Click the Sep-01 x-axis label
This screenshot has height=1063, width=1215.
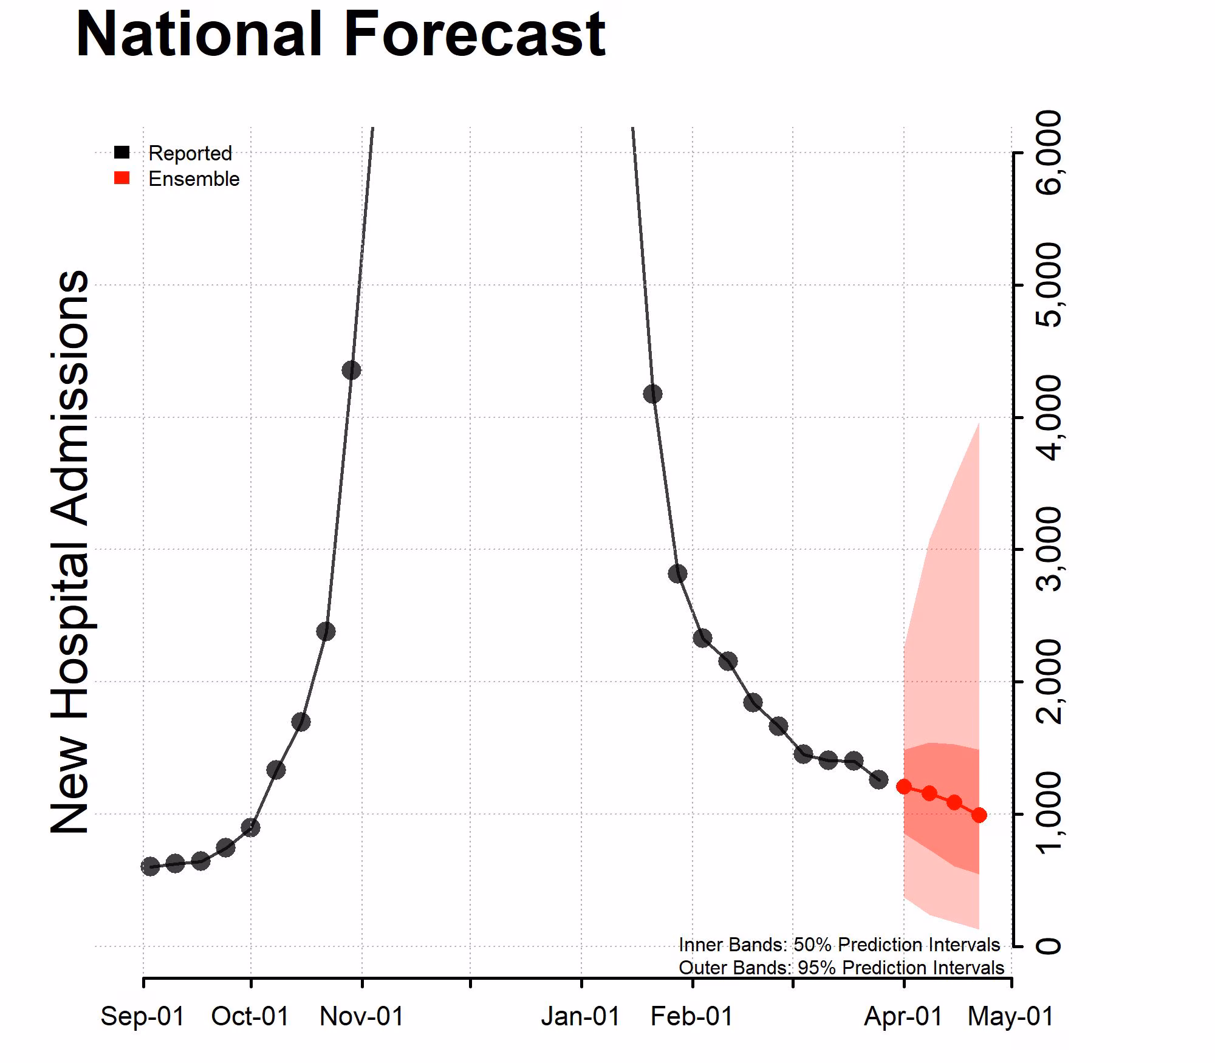point(143,1017)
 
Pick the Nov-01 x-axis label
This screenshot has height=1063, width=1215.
point(362,1017)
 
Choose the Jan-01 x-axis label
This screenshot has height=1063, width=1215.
point(581,1017)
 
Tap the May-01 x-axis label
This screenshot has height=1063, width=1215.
point(1010,1017)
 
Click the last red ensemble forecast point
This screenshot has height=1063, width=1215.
point(979,815)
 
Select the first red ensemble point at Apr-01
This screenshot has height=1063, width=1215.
point(904,787)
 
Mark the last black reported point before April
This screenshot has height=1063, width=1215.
point(878,779)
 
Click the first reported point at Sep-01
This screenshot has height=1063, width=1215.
point(150,867)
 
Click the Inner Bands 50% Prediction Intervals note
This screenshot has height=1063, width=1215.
point(839,945)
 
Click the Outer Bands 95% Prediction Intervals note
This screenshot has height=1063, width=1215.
point(841,968)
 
